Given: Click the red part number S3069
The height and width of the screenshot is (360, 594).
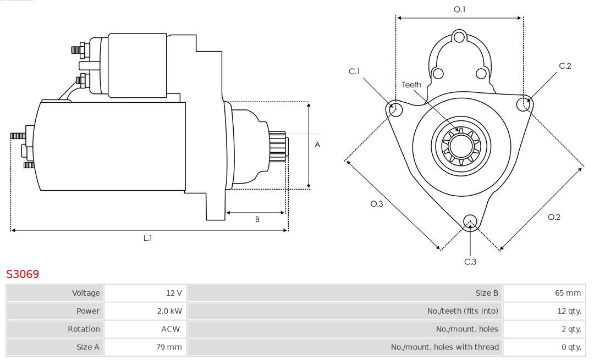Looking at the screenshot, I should click(x=23, y=274).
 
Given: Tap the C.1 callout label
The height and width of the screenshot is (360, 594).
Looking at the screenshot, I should click(x=354, y=71).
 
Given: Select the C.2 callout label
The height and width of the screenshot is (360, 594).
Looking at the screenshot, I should click(x=565, y=66).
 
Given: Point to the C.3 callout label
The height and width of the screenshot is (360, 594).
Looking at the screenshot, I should click(x=470, y=262).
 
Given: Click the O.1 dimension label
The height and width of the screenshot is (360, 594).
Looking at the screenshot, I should click(x=459, y=9).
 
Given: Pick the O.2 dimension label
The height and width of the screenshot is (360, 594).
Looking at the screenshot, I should click(x=554, y=217).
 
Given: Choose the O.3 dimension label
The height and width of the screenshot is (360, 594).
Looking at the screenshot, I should click(x=376, y=204).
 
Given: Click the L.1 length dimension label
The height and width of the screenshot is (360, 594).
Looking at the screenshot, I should click(x=148, y=238).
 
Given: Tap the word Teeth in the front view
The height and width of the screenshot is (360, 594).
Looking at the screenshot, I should click(x=411, y=85).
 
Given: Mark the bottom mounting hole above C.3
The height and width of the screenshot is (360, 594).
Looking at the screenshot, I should click(x=470, y=221).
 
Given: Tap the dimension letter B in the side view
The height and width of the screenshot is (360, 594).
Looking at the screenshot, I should click(x=257, y=219).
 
